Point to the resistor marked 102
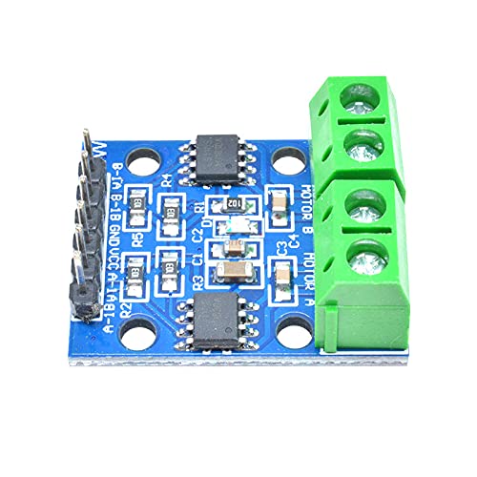tap(232, 203)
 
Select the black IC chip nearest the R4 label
tap(219, 154)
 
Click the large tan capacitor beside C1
tap(230, 271)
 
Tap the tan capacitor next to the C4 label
tap(280, 202)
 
